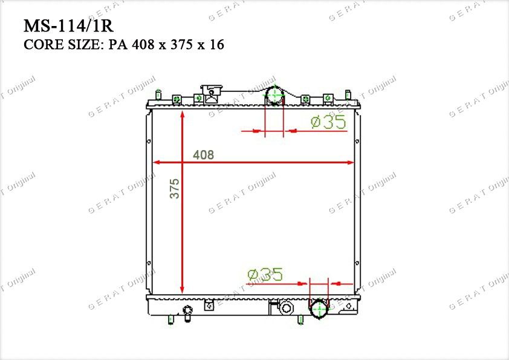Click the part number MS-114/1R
coord(68,26)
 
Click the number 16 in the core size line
coord(216,45)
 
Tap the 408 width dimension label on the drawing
coord(204,155)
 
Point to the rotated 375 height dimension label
coord(174,188)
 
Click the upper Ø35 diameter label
coord(328,122)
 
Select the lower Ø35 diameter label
coord(265,275)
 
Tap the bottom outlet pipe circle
coord(319,309)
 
